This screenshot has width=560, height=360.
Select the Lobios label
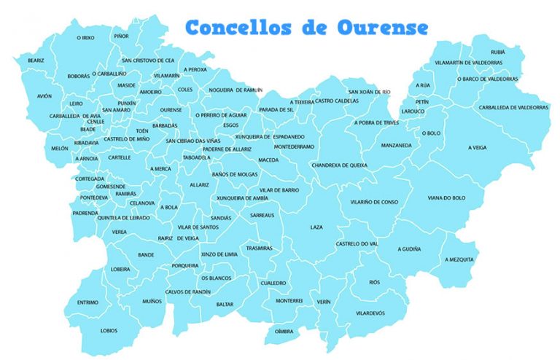point(109,330)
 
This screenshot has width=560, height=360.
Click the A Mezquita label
point(459,259)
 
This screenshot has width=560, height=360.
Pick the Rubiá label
point(498,52)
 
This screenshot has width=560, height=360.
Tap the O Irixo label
point(85,37)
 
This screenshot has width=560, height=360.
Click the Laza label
point(316,227)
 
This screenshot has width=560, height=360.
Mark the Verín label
point(324,301)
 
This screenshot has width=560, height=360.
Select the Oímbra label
point(284,331)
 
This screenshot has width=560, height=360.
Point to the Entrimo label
point(87,302)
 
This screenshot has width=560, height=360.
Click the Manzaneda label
point(397,145)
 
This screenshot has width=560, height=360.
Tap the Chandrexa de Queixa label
point(339,165)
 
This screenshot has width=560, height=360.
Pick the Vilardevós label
point(370,313)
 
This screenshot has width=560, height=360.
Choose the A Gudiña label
point(409,249)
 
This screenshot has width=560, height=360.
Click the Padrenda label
point(85,213)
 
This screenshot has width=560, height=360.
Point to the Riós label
point(374,281)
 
